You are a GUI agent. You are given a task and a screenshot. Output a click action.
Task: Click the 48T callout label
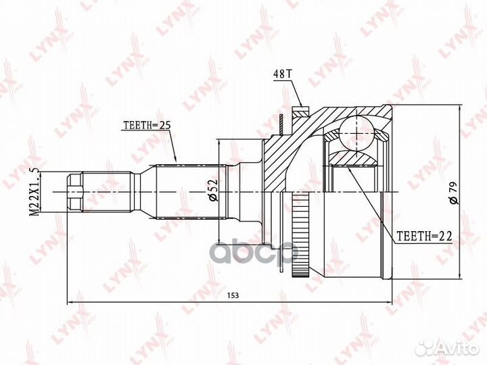(282, 74)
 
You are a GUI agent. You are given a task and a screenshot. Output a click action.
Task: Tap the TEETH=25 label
(147, 126)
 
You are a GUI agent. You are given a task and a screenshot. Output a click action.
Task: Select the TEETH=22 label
(425, 237)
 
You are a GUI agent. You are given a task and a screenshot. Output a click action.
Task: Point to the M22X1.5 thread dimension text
(34, 192)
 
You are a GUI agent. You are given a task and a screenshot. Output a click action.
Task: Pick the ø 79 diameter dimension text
(453, 193)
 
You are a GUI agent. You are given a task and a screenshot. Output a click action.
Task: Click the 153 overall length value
(233, 295)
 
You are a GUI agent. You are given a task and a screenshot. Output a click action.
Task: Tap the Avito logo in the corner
(446, 348)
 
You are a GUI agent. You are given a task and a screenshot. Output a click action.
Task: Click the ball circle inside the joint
(356, 132)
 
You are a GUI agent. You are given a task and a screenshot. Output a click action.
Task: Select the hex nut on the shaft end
(75, 192)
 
